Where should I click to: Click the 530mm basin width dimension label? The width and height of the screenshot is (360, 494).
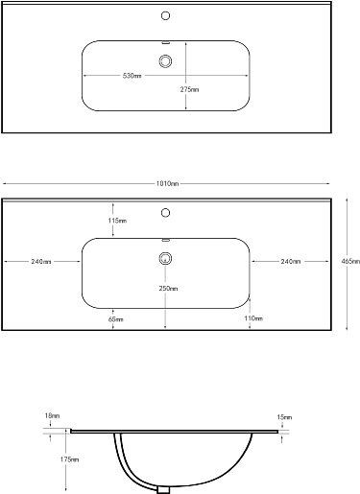click(x=132, y=76)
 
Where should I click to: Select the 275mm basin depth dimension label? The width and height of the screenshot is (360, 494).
click(x=189, y=89)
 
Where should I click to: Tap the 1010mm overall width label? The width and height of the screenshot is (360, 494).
click(x=167, y=184)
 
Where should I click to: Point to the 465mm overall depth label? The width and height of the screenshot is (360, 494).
click(x=350, y=261)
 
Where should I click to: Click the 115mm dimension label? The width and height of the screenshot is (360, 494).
click(x=117, y=221)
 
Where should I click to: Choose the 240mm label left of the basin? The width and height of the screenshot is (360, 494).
click(x=41, y=262)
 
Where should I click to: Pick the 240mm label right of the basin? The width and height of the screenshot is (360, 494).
click(x=291, y=262)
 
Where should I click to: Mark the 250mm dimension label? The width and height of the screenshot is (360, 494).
click(x=168, y=289)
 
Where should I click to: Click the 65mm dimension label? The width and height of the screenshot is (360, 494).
click(x=116, y=319)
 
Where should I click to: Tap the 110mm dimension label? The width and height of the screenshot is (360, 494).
click(x=253, y=318)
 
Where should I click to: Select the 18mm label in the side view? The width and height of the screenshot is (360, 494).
click(x=52, y=416)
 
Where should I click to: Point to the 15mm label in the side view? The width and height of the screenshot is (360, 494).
click(x=284, y=417)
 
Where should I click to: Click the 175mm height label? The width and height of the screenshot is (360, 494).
click(x=69, y=459)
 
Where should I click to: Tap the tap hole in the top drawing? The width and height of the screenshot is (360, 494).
click(x=165, y=15)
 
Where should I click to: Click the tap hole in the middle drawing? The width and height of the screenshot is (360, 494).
click(x=165, y=213)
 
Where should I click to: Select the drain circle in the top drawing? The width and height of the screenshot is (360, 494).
click(x=165, y=61)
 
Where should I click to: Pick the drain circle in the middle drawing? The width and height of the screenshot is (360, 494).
click(x=165, y=258)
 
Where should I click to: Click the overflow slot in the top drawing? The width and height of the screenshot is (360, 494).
click(x=166, y=42)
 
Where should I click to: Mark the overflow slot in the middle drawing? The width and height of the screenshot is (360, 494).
click(x=166, y=240)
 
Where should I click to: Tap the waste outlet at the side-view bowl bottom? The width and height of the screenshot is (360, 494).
click(x=163, y=490)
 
